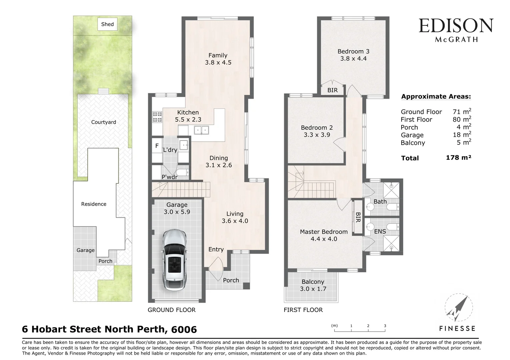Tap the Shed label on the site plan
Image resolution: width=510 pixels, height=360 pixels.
pyautogui.click(x=107, y=24)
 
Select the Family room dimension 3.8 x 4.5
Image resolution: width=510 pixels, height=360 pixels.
pyautogui.click(x=218, y=62)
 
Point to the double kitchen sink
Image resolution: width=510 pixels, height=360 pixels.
pyautogui.click(x=201, y=130)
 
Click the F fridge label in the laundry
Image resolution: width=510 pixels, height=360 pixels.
pyautogui.click(x=157, y=146)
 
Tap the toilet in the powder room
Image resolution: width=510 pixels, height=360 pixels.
pyautogui.click(x=182, y=172)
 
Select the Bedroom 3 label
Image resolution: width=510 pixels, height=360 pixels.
pyautogui.click(x=353, y=51)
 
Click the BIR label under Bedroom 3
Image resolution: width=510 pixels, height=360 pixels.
pyautogui.click(x=332, y=90)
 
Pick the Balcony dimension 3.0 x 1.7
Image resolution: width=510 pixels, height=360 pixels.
pyautogui.click(x=313, y=289)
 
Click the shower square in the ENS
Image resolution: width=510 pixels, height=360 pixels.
pyautogui.click(x=391, y=243)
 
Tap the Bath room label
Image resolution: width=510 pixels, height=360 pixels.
pyautogui.click(x=380, y=202)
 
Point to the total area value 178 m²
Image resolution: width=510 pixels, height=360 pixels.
pyautogui.click(x=458, y=158)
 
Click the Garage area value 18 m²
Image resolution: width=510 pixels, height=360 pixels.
pyautogui.click(x=462, y=135)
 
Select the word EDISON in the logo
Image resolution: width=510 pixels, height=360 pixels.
pyautogui.click(x=456, y=26)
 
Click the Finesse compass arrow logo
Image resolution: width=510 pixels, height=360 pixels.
pyautogui.click(x=458, y=308)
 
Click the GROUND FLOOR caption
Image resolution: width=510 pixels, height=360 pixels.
pyautogui.click(x=171, y=310)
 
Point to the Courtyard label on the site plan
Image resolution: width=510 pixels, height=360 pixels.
pyautogui.click(x=103, y=122)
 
